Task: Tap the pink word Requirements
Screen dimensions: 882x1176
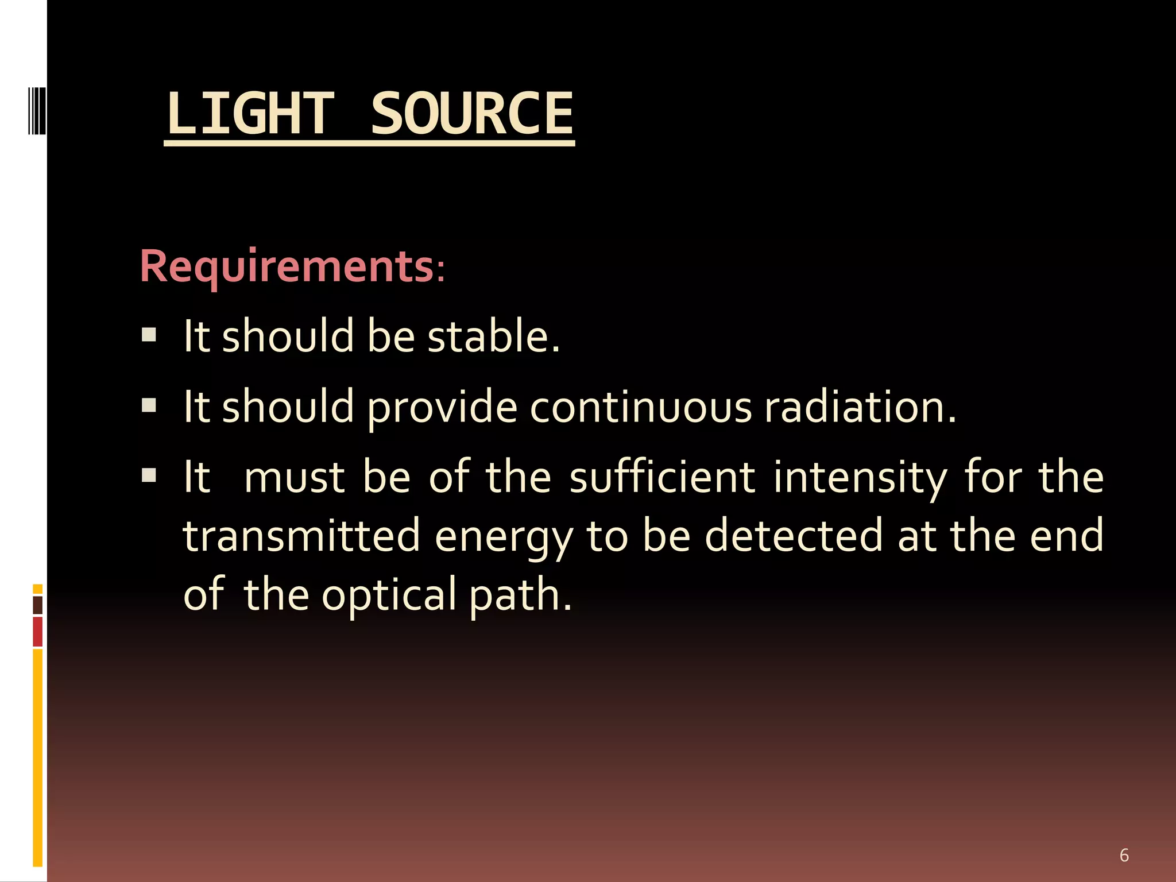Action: (287, 266)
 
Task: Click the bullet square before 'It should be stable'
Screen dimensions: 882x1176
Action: (149, 335)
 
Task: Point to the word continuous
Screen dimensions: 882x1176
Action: (640, 407)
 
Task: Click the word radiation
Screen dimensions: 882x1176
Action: (860, 407)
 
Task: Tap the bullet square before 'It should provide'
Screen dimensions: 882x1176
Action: (149, 406)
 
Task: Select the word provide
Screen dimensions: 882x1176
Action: (442, 408)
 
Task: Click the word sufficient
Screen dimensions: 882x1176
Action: (662, 478)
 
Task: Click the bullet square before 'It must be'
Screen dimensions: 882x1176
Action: (149, 475)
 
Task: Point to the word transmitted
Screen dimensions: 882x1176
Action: (302, 536)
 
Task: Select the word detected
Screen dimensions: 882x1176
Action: (793, 536)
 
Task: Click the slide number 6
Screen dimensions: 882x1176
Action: (1124, 855)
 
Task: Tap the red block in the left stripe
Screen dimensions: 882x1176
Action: (38, 632)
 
